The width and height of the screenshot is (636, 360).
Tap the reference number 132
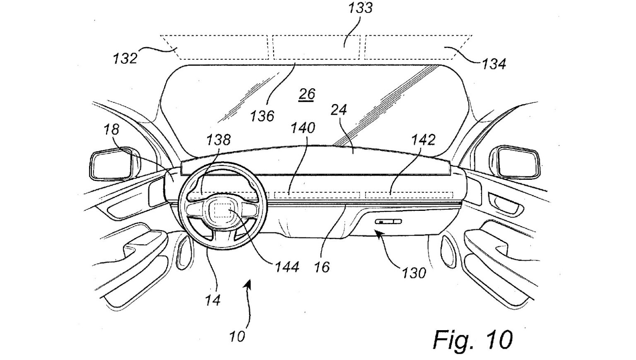click(x=125, y=58)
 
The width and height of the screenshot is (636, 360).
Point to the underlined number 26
click(x=307, y=94)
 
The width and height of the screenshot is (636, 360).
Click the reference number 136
click(x=262, y=116)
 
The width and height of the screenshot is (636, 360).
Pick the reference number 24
click(x=339, y=110)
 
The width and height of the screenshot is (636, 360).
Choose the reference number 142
click(x=424, y=140)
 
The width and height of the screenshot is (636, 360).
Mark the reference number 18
click(x=111, y=129)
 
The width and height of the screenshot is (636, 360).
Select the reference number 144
click(x=287, y=266)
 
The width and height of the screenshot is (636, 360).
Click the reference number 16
click(x=322, y=267)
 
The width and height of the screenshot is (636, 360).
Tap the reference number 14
click(x=212, y=300)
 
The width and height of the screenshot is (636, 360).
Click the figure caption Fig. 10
click(x=472, y=339)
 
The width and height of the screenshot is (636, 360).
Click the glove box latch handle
click(x=388, y=222)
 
